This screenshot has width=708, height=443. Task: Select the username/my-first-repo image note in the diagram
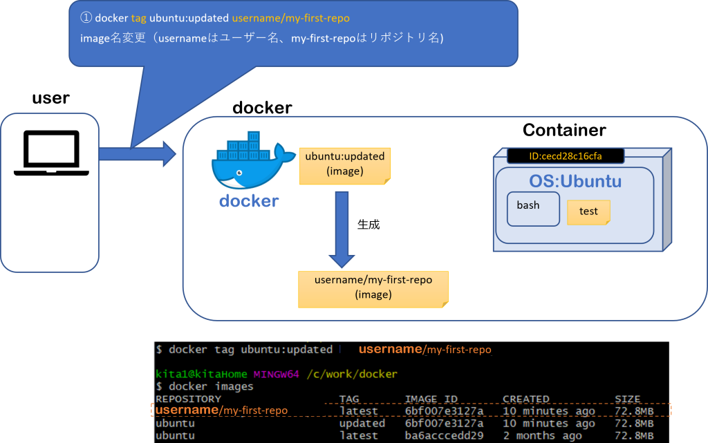373,288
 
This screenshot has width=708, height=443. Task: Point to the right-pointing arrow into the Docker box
138,153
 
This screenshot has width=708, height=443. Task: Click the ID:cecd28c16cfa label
565,156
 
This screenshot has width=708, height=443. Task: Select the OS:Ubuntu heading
575,182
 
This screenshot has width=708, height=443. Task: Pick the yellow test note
588,211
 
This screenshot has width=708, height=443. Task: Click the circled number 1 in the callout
86,17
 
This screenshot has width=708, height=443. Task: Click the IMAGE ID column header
431,399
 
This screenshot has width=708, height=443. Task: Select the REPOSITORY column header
188,399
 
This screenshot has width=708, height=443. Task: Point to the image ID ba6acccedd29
444,435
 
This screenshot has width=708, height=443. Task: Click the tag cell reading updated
362,423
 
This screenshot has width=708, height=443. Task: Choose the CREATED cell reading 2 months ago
542,435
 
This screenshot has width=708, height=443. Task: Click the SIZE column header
627,399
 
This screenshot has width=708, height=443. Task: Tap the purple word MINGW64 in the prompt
276,374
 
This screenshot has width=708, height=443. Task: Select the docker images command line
205,386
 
